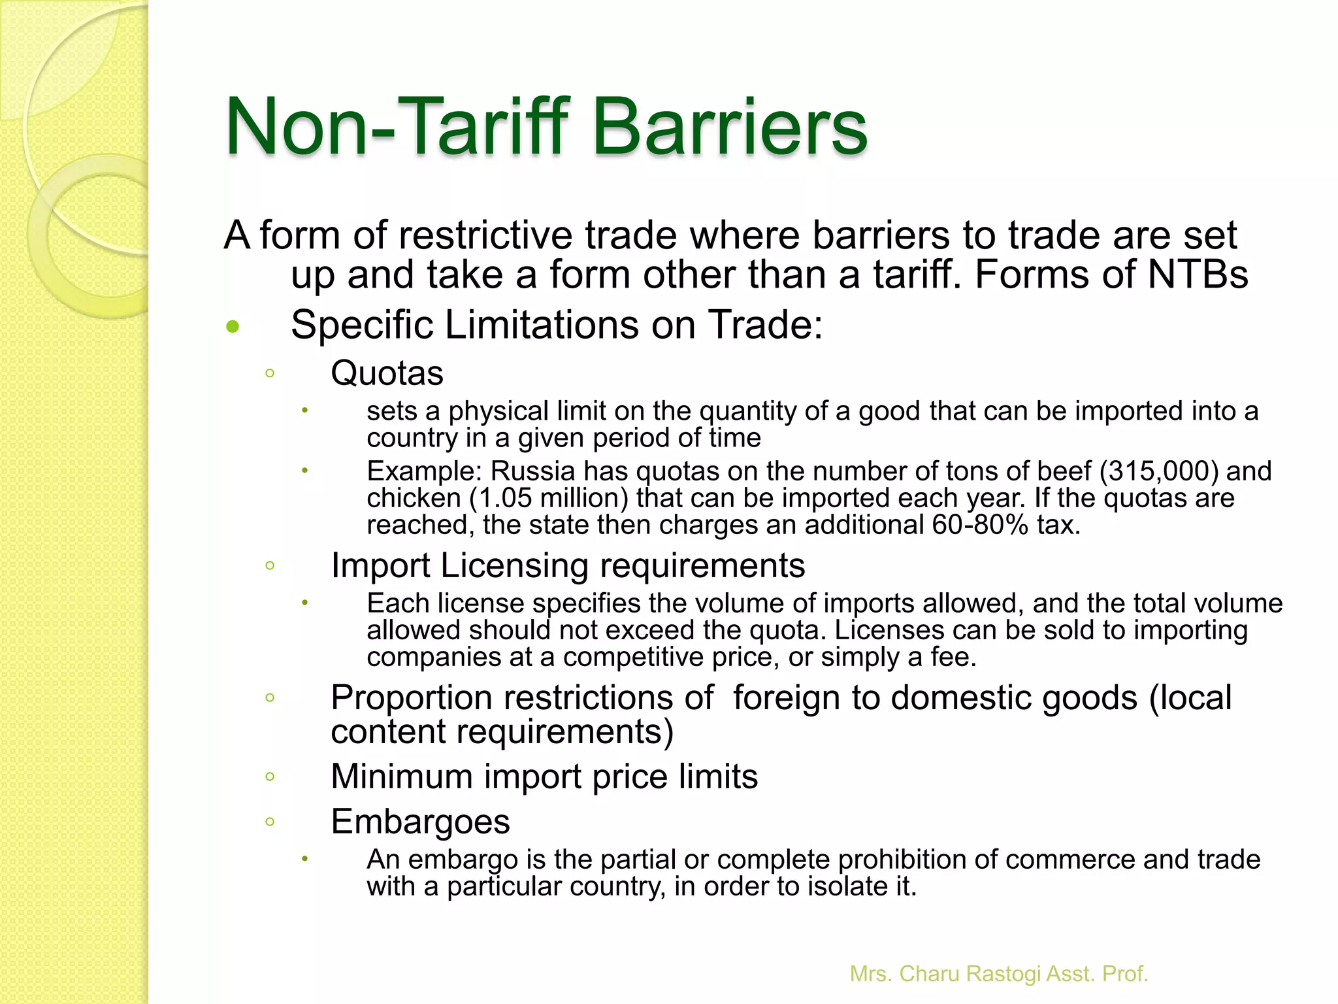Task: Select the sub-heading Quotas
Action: pos(387,373)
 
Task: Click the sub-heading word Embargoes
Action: pos(420,822)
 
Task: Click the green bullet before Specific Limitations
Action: pos(233,326)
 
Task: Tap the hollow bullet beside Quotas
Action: pos(270,374)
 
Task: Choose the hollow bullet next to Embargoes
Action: pos(270,822)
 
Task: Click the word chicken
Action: pos(414,498)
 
